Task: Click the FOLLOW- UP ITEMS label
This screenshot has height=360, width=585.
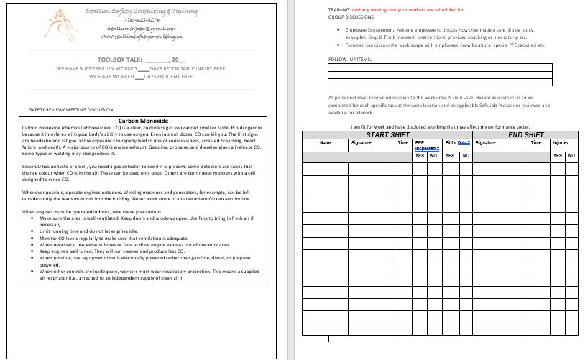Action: [x=349, y=59]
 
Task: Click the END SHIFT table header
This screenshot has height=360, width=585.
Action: [x=525, y=135]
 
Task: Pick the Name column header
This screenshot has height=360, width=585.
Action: [x=326, y=143]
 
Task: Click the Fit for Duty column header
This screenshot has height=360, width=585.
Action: [x=456, y=143]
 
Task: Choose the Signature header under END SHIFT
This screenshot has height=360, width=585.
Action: [x=486, y=143]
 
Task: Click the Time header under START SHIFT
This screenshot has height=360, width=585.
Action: [x=402, y=143]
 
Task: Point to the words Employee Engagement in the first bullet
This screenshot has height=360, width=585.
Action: [x=367, y=30]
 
